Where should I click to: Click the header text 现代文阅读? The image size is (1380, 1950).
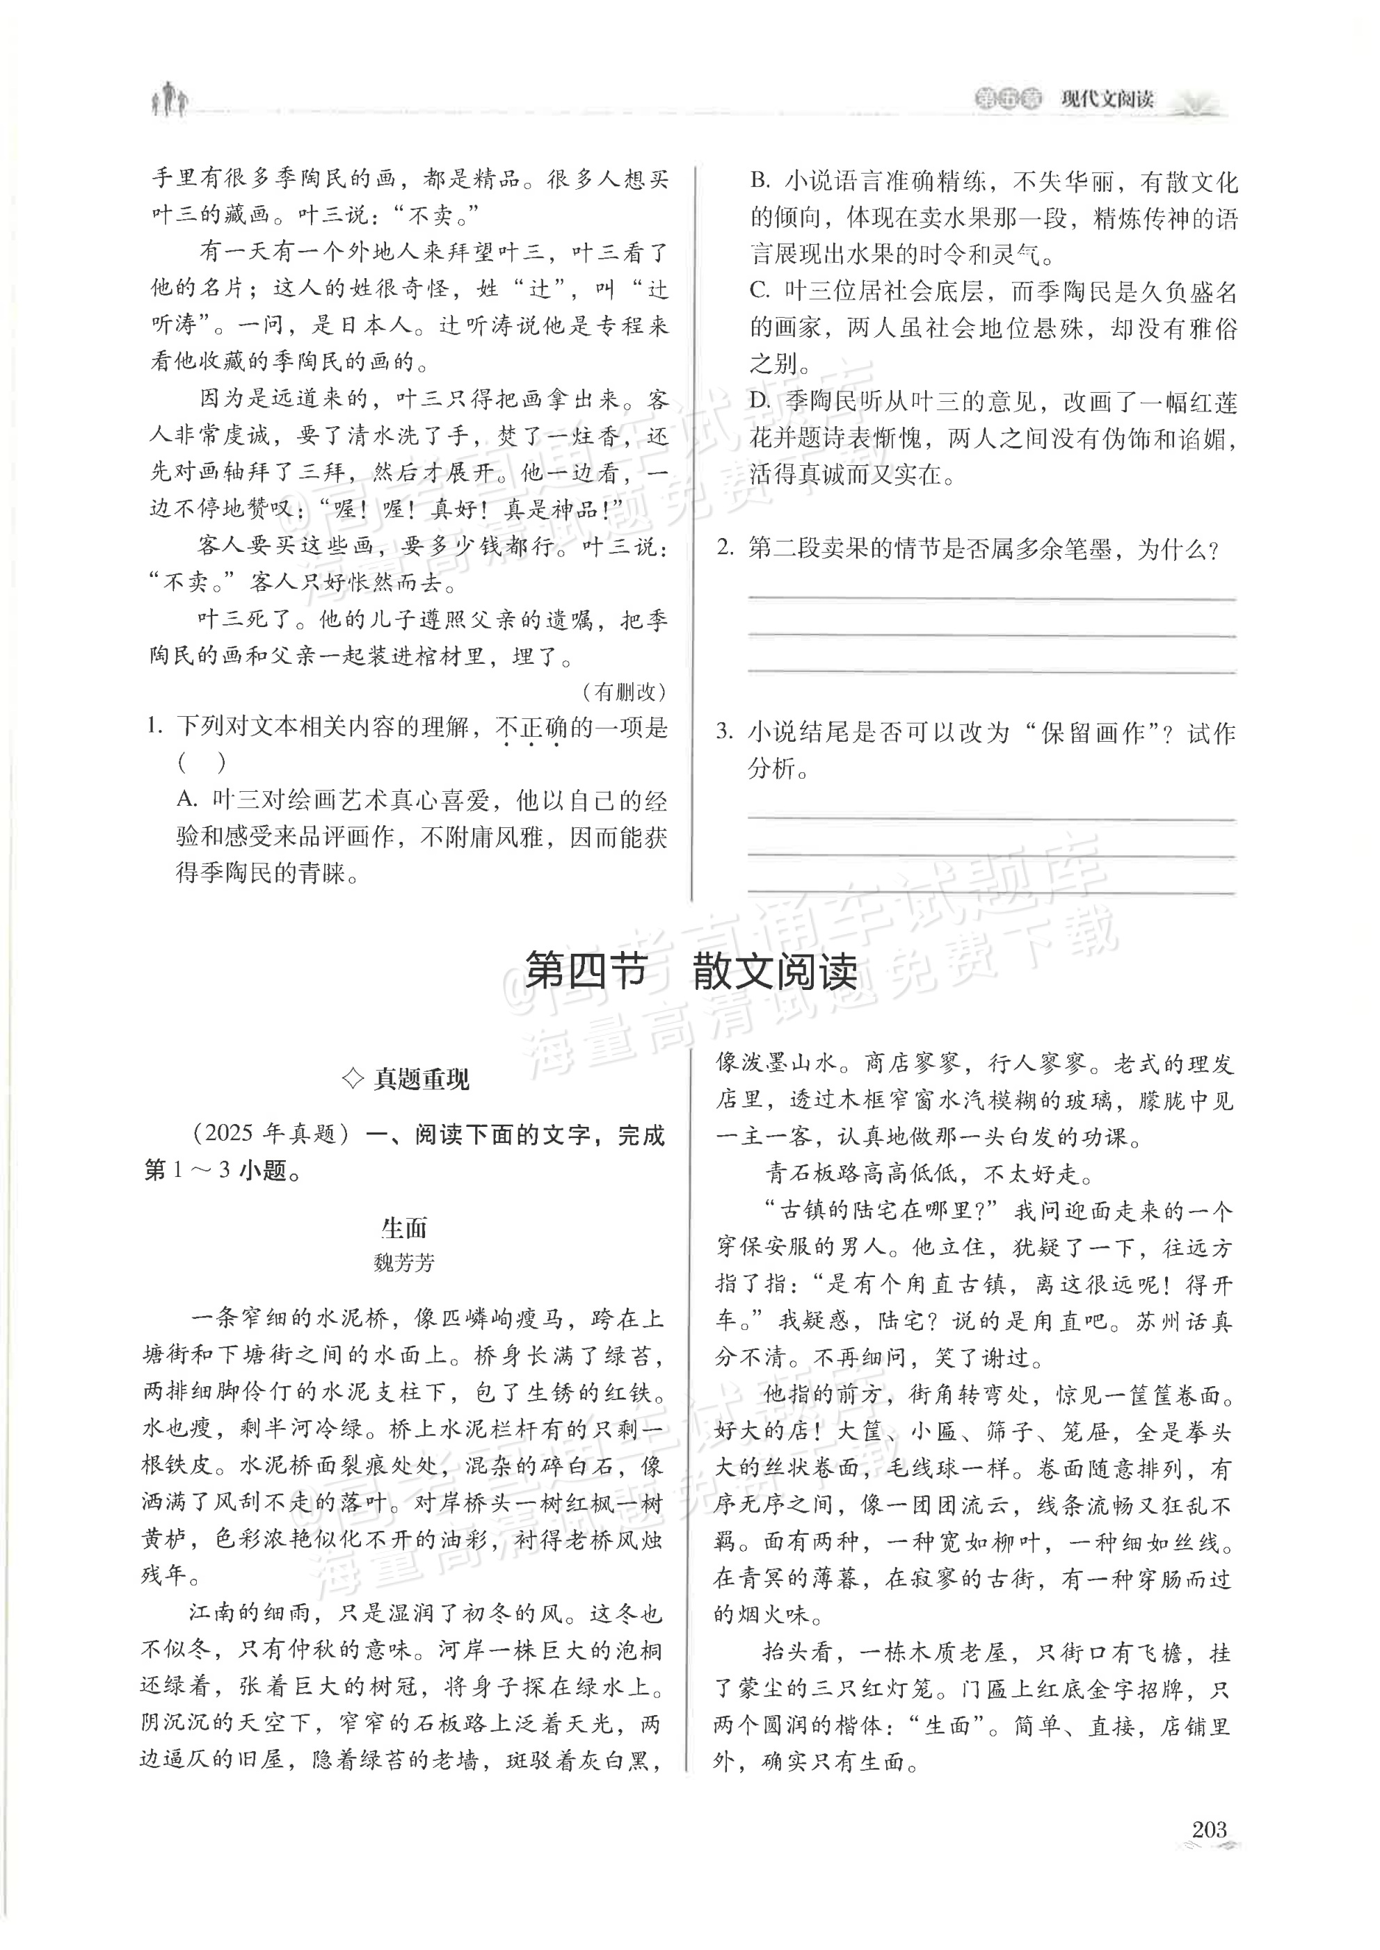click(x=1107, y=99)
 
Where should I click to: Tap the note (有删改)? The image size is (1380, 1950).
click(x=624, y=692)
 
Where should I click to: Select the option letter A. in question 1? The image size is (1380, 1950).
click(x=188, y=801)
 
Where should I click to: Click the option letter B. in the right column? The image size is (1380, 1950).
click(x=760, y=181)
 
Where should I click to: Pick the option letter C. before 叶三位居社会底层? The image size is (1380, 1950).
click(x=760, y=292)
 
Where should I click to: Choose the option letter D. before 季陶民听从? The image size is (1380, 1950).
click(x=760, y=403)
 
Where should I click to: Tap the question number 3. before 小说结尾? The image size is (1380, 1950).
click(x=724, y=731)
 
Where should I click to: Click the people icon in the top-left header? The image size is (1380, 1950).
click(x=170, y=99)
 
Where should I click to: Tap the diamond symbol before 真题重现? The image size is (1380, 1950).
click(x=351, y=1080)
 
